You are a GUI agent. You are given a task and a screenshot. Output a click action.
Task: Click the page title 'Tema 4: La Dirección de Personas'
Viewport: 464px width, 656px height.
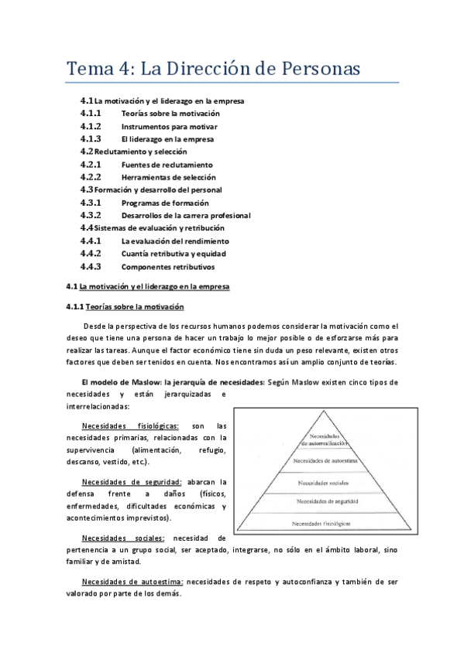pyautogui.click(x=213, y=69)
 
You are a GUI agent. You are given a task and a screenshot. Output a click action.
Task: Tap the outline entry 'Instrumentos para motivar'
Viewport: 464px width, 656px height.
pyautogui.click(x=169, y=126)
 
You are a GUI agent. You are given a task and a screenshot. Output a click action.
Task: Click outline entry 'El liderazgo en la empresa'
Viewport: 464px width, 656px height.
pyautogui.click(x=167, y=139)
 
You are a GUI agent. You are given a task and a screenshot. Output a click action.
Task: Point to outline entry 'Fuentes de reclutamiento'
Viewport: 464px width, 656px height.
pyautogui.click(x=167, y=165)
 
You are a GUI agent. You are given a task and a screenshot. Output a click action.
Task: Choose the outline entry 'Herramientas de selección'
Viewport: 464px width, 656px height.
pyautogui.click(x=168, y=177)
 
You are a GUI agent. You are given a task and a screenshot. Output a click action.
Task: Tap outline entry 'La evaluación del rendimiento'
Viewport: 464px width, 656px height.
pyautogui.click(x=175, y=241)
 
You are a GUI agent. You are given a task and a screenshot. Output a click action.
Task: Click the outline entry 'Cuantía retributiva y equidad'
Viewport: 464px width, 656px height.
pyautogui.click(x=174, y=254)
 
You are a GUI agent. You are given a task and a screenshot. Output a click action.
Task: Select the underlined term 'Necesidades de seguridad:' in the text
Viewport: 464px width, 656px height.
pyautogui.click(x=132, y=481)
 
